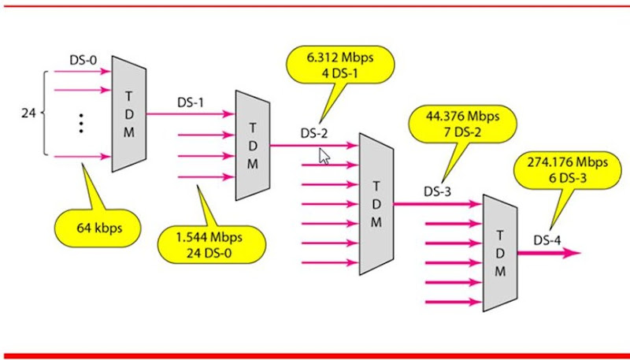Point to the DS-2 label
tap(313, 132)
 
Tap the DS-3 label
tap(438, 190)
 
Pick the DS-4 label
tap(547, 239)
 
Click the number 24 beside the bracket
tap(28, 113)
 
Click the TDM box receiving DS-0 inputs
tap(128, 113)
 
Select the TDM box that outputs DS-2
tap(252, 145)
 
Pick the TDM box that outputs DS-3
tap(376, 203)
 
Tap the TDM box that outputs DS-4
tap(499, 252)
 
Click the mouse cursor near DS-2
tap(323, 155)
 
